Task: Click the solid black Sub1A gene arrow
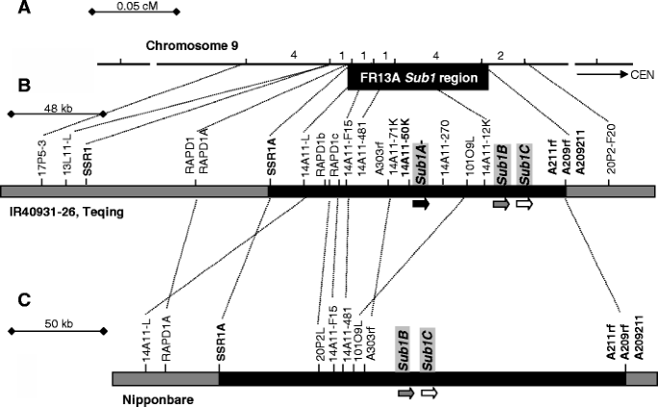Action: click(x=420, y=204)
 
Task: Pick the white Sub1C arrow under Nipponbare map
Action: click(x=429, y=393)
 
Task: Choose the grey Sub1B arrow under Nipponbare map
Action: click(x=405, y=393)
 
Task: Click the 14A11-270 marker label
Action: click(x=444, y=154)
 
